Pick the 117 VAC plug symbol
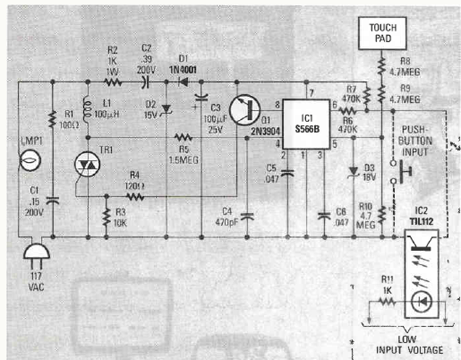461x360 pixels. click(35, 252)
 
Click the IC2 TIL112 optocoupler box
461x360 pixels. click(421, 275)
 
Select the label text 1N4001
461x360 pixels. click(185, 69)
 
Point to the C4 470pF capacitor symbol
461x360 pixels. click(247, 217)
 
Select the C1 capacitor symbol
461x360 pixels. click(52, 200)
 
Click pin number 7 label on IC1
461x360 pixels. click(311, 93)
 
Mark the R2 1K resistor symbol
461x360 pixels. click(113, 83)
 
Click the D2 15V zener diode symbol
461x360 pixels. click(166, 108)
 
